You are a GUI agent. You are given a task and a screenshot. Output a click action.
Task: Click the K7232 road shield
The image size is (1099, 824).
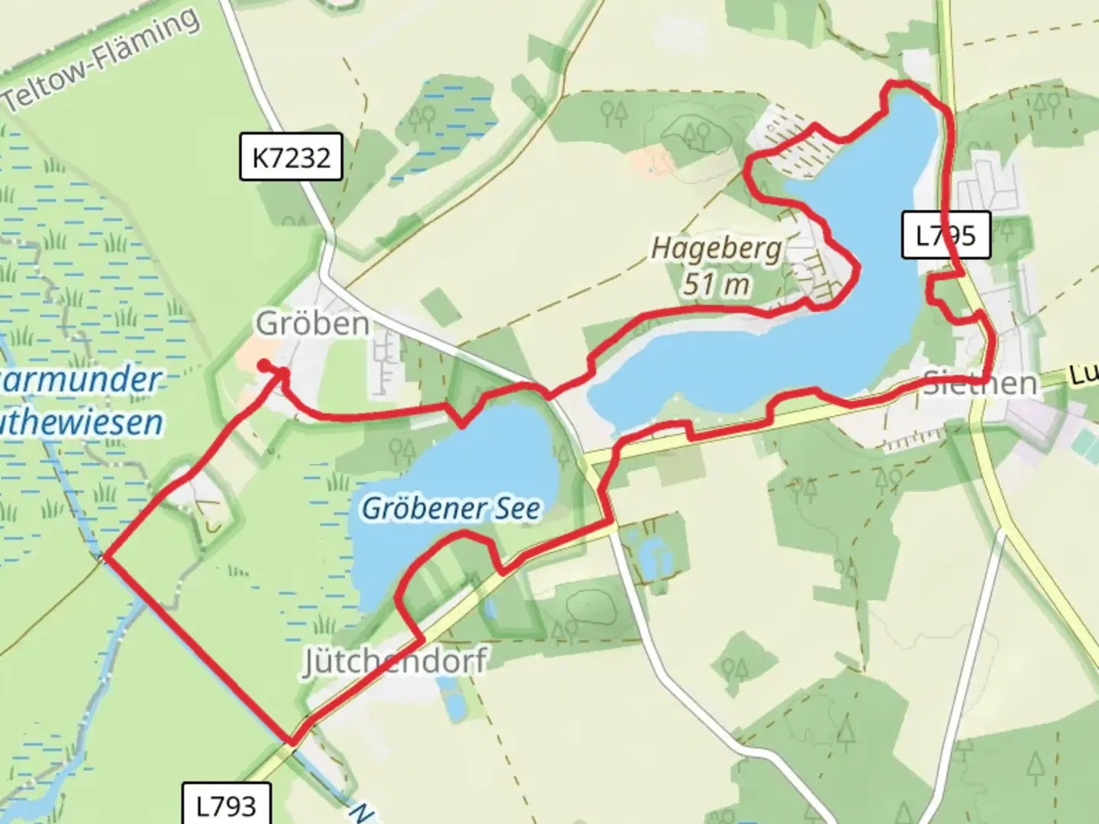coord(291,158)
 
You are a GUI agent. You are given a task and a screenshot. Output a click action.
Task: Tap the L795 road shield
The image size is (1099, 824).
coord(946,236)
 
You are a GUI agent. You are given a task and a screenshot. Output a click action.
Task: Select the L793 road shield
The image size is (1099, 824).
coord(226,805)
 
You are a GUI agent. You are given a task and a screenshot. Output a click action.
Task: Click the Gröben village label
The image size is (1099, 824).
coord(313,323)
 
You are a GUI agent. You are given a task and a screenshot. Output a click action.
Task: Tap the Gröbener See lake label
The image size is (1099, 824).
coord(451,508)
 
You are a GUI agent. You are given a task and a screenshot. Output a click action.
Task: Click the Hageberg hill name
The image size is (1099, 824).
coord(716,249)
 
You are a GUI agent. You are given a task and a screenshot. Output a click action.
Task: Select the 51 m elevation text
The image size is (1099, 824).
coord(716,285)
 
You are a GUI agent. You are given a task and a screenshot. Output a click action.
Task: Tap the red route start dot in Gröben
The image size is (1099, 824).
coord(262,366)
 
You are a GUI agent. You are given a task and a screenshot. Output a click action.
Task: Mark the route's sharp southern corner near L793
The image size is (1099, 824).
coord(292,741)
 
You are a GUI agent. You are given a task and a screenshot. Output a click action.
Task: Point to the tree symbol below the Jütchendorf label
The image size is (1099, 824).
coord(566,630)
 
